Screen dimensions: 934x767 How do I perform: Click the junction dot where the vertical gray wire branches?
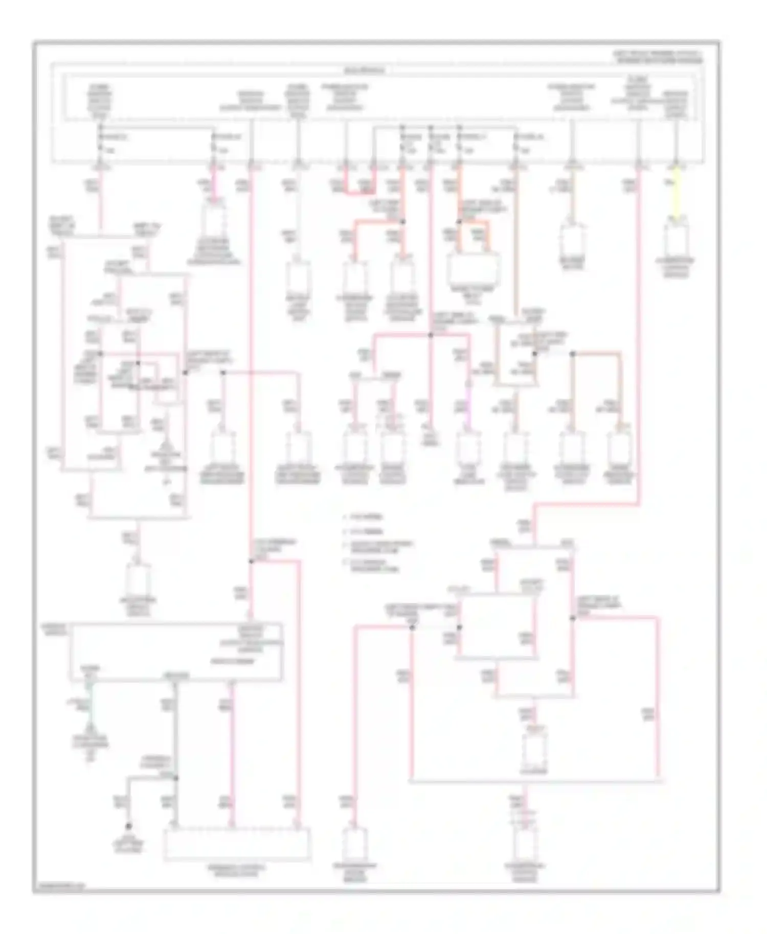(175, 778)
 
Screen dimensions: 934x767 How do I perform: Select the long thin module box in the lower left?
(176, 651)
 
